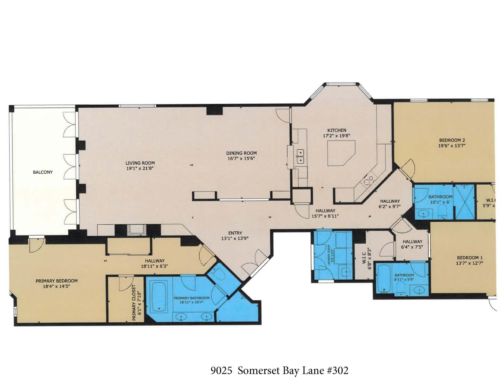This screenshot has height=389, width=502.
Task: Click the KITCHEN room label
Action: (337, 130)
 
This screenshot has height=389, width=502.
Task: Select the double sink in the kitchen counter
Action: (300, 157)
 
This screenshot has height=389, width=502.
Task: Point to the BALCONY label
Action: (43, 172)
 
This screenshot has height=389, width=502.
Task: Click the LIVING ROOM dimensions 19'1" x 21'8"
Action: (140, 168)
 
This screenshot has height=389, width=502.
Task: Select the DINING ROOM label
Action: (241, 153)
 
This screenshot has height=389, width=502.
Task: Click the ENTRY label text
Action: (235, 233)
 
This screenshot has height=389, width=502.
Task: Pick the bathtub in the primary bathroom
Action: (159, 296)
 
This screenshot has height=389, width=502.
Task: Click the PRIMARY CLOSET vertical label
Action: (134, 303)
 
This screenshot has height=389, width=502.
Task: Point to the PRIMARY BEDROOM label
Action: (57, 281)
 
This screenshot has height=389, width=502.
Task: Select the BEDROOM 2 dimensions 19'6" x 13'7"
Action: (452, 146)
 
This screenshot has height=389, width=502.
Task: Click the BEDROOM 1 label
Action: (469, 258)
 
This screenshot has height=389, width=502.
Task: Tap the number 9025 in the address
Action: (221, 371)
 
